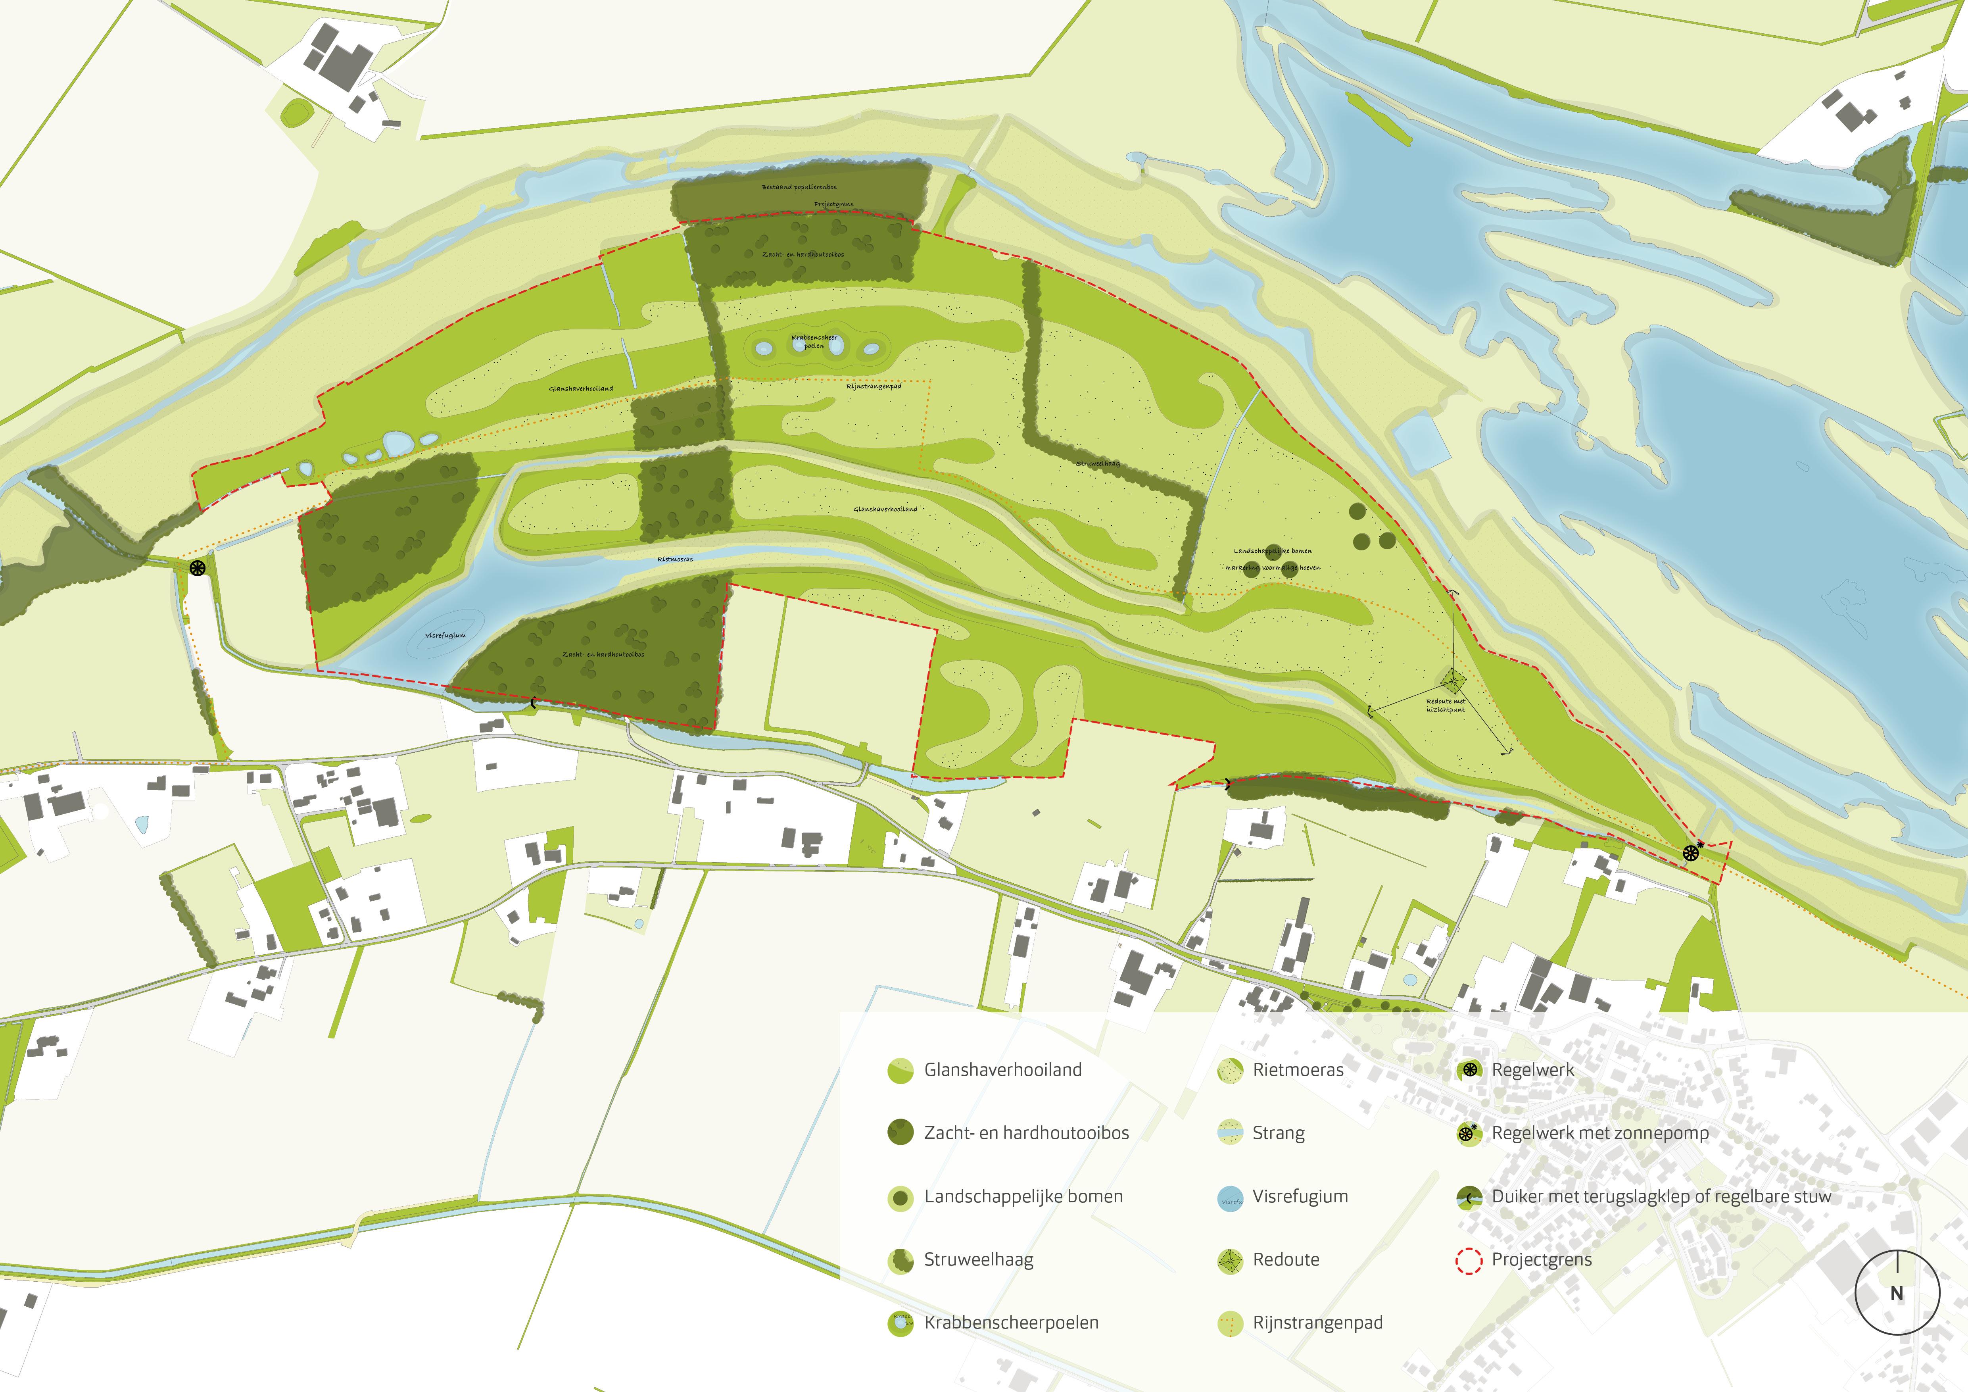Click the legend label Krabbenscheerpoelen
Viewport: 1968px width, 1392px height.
click(x=1010, y=1323)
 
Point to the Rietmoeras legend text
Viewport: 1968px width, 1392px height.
click(x=1298, y=1070)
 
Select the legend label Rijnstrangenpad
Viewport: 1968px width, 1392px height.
click(x=1317, y=1323)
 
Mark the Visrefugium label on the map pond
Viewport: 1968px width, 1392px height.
click(x=446, y=636)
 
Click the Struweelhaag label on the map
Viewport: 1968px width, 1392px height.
click(x=1098, y=464)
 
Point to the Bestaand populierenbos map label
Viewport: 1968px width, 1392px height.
click(x=799, y=187)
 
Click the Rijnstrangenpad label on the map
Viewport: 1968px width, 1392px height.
click(x=874, y=386)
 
